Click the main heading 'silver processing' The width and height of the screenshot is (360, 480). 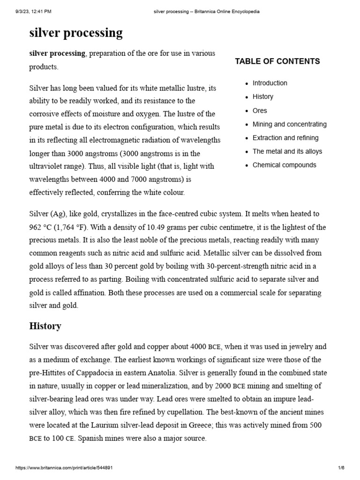(76, 33)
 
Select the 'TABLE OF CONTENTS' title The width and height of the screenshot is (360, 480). (277, 61)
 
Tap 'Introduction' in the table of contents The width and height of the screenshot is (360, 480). (270, 83)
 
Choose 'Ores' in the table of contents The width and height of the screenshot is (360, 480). (260, 111)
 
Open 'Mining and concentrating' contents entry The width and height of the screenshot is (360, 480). (289, 124)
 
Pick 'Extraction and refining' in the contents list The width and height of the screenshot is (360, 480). (285, 138)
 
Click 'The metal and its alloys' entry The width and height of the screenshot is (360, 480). (287, 151)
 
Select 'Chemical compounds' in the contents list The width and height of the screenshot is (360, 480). (284, 165)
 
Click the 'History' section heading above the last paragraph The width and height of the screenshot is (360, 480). (45, 326)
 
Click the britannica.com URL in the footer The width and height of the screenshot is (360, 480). (64, 468)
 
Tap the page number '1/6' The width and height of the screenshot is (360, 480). (341, 468)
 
